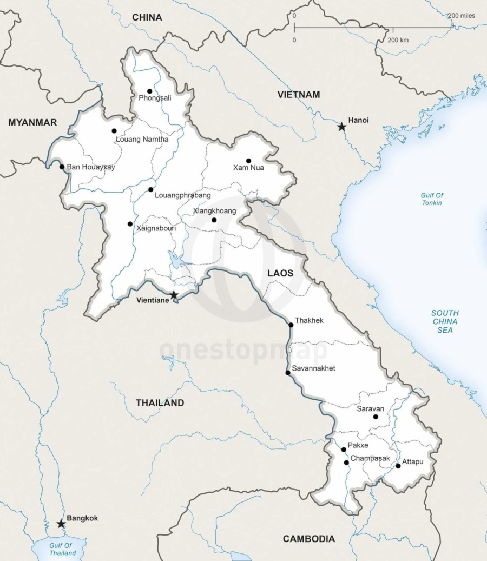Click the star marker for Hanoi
341,127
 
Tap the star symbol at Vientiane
174,295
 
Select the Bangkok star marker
61,524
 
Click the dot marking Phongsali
149,91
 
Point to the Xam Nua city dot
248,161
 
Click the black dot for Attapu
398,466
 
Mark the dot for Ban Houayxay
62,167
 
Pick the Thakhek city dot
291,325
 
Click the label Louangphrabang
182,195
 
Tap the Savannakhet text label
313,368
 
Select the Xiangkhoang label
214,211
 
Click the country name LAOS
280,273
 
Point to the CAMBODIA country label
308,539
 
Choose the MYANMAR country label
32,123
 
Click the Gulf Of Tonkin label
432,199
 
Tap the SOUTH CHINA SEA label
445,321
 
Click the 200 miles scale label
461,16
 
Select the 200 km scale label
399,41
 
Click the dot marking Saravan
376,417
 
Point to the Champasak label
370,458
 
